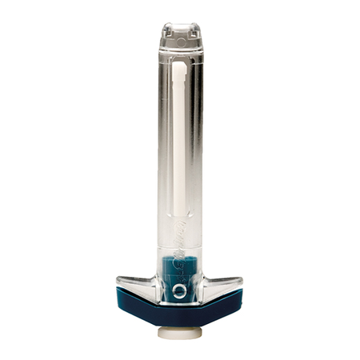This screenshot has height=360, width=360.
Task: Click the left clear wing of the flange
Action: coord(140,286)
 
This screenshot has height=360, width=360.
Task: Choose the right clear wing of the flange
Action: coord(220,286)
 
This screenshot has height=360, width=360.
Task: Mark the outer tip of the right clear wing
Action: coord(242,279)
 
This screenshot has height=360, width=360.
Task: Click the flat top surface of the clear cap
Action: coord(180,25)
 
